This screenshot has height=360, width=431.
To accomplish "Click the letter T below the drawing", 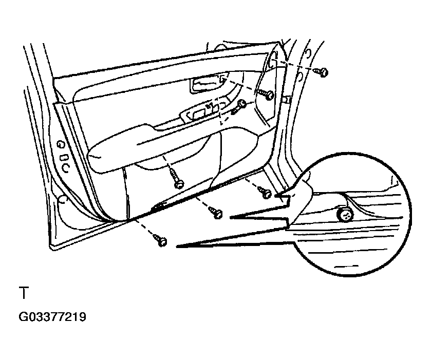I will (x=23, y=294).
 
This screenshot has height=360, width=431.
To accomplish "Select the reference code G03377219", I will (x=52, y=317).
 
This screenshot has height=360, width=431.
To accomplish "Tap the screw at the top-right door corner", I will (x=323, y=72).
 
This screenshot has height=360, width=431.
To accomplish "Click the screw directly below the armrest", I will (x=178, y=182).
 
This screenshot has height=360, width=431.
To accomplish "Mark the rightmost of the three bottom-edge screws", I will (x=266, y=194).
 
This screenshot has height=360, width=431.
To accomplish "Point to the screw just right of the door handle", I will (x=269, y=94).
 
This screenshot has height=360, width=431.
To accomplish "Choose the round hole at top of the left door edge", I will (x=61, y=144).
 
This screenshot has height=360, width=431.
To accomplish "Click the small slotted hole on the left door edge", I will (x=64, y=156).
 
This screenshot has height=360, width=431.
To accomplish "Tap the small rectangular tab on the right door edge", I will (x=287, y=98).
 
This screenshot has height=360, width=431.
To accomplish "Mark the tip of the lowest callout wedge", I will (x=177, y=248).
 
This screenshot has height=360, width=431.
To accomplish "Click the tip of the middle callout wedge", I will (x=230, y=218).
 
